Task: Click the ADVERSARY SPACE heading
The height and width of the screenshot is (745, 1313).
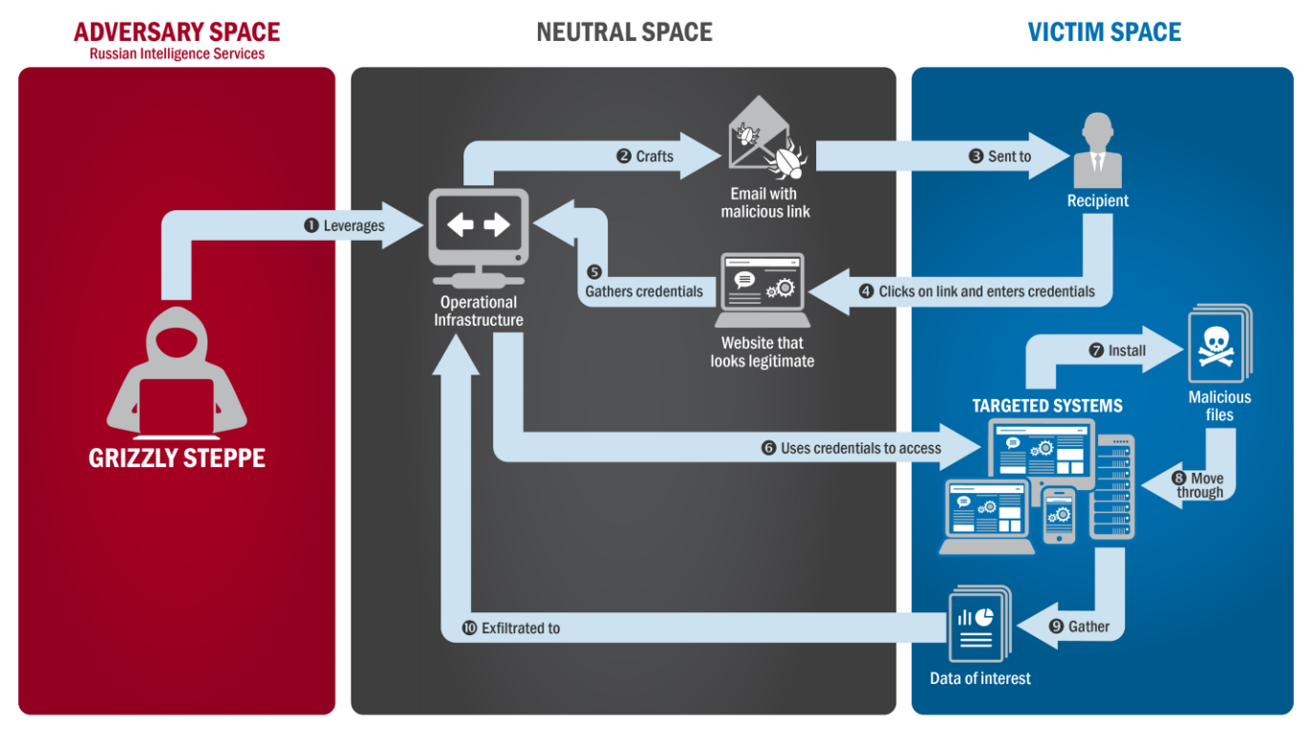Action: [177, 32]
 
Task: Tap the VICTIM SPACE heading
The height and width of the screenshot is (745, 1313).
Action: [1105, 32]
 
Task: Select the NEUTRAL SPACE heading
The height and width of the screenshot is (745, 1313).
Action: [624, 32]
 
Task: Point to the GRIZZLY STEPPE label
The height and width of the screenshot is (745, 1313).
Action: [177, 458]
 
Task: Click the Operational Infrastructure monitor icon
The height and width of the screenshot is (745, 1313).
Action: [479, 238]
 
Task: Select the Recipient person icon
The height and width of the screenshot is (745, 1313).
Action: [1097, 151]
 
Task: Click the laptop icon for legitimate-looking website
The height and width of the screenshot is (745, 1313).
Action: [762, 290]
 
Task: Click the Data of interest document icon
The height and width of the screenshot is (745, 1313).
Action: [979, 623]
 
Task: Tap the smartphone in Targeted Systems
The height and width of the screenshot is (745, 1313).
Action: [1059, 516]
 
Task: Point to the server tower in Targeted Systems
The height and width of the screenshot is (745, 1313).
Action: [1112, 486]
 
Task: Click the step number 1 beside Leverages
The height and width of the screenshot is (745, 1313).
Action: [312, 225]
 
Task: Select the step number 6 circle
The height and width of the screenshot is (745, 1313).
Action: [768, 448]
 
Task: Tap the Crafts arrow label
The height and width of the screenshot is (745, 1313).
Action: [655, 157]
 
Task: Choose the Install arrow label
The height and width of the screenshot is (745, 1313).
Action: [1127, 351]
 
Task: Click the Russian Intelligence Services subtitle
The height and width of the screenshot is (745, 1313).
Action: [177, 53]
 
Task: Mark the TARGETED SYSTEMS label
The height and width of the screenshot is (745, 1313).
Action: [1047, 406]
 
